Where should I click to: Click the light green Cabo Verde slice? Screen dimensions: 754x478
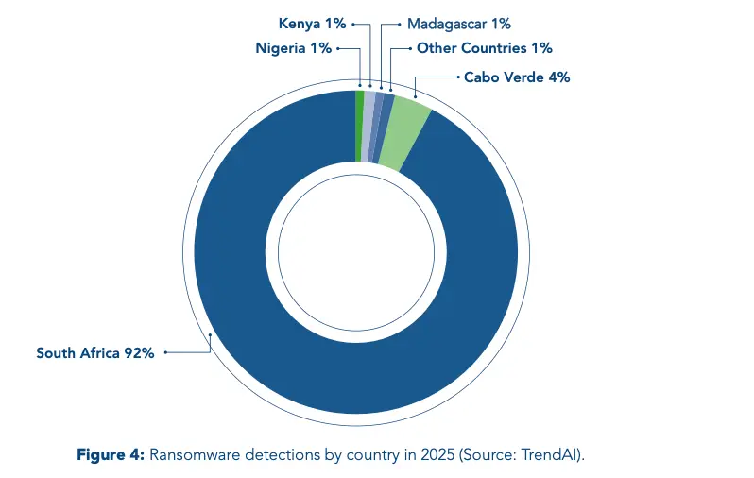click(405, 132)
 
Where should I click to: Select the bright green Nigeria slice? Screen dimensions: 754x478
click(360, 126)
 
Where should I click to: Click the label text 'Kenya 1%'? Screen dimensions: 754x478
click(312, 24)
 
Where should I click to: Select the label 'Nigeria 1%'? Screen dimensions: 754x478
click(293, 48)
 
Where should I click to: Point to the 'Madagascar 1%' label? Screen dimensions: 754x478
click(459, 24)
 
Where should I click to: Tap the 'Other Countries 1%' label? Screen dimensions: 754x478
click(484, 48)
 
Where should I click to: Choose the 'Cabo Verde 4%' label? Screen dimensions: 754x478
click(517, 77)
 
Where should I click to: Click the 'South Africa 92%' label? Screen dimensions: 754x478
click(95, 353)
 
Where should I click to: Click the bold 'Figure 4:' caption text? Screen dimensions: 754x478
click(111, 454)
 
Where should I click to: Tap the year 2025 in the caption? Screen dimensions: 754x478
click(437, 454)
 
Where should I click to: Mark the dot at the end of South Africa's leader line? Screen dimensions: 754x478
click(165, 352)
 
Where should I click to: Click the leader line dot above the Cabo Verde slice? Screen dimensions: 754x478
click(416, 96)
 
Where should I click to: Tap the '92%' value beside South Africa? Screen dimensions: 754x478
click(139, 353)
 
